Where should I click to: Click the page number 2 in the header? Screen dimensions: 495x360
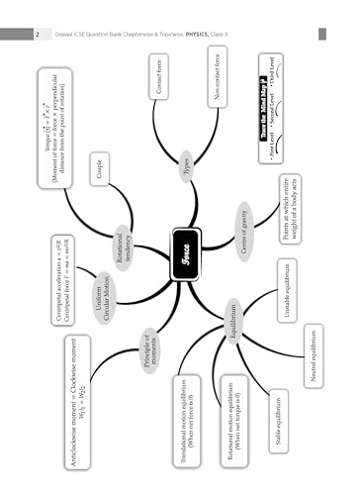[37, 35]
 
